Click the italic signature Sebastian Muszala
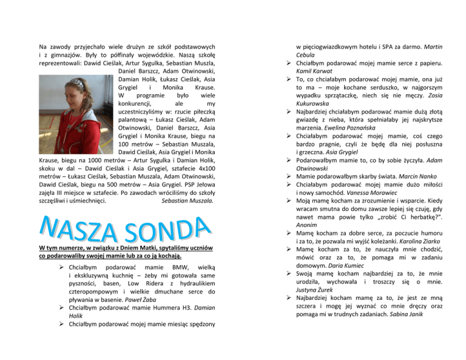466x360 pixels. [x=187, y=199]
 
